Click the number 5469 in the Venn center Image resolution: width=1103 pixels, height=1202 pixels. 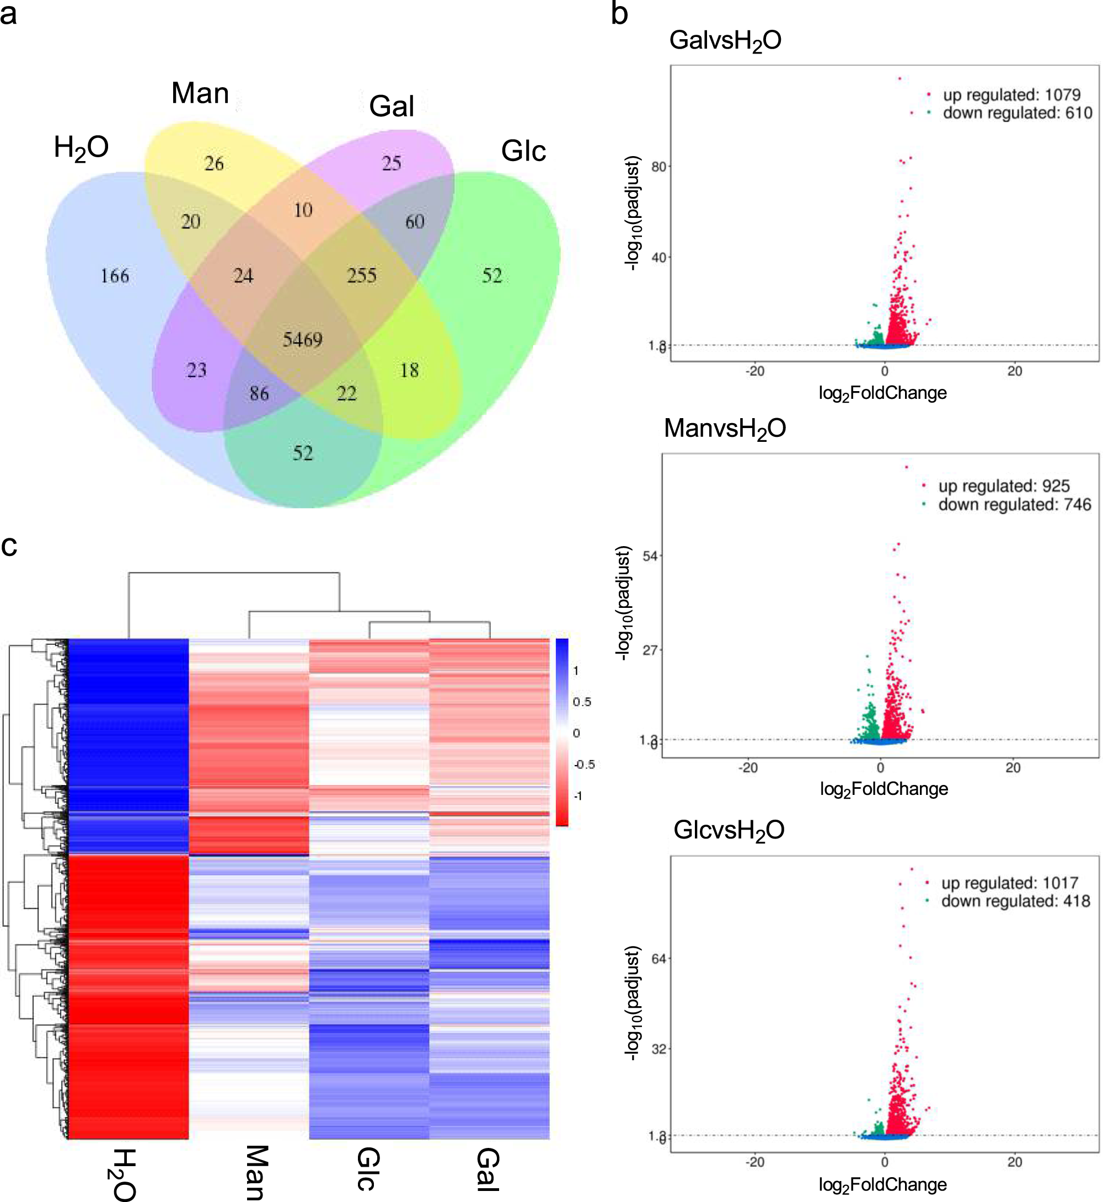pyautogui.click(x=303, y=340)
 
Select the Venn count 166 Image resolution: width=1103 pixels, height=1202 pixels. pyautogui.click(x=115, y=276)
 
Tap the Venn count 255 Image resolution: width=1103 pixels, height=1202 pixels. pyautogui.click(x=362, y=275)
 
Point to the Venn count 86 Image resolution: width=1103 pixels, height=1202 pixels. pyautogui.click(x=259, y=393)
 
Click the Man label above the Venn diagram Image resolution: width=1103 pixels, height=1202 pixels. pyautogui.click(x=200, y=93)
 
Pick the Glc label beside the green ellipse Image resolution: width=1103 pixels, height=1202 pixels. pyautogui.click(x=523, y=151)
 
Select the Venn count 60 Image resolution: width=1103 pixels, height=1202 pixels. pyautogui.click(x=415, y=222)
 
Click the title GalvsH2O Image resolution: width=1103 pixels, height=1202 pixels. pyautogui.click(x=725, y=41)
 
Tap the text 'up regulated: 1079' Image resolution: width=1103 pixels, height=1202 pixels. pyautogui.click(x=1011, y=95)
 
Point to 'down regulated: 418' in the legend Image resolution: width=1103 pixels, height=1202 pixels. pyautogui.click(x=1015, y=901)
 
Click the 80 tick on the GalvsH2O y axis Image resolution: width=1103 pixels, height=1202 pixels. pyautogui.click(x=658, y=167)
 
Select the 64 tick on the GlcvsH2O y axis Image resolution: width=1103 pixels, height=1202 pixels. pyautogui.click(x=658, y=959)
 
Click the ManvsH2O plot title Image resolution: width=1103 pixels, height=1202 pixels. pyautogui.click(x=725, y=429)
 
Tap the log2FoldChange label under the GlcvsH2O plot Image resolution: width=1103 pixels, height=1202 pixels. pyautogui.click(x=882, y=1185)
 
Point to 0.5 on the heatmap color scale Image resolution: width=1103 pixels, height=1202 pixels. pyautogui.click(x=581, y=702)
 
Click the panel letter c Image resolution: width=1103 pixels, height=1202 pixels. pyautogui.click(x=9, y=545)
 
